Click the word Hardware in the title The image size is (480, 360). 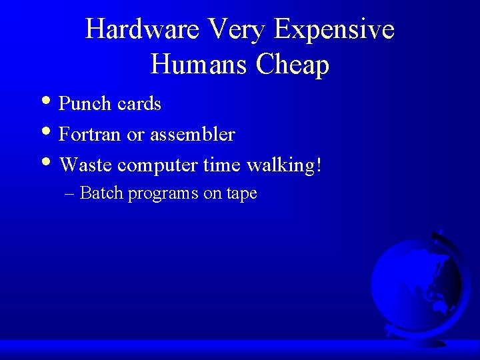(142, 29)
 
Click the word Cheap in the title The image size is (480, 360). (293, 66)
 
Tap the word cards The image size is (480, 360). (139, 104)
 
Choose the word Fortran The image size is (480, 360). (90, 135)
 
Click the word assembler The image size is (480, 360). (192, 135)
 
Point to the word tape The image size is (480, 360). (241, 195)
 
